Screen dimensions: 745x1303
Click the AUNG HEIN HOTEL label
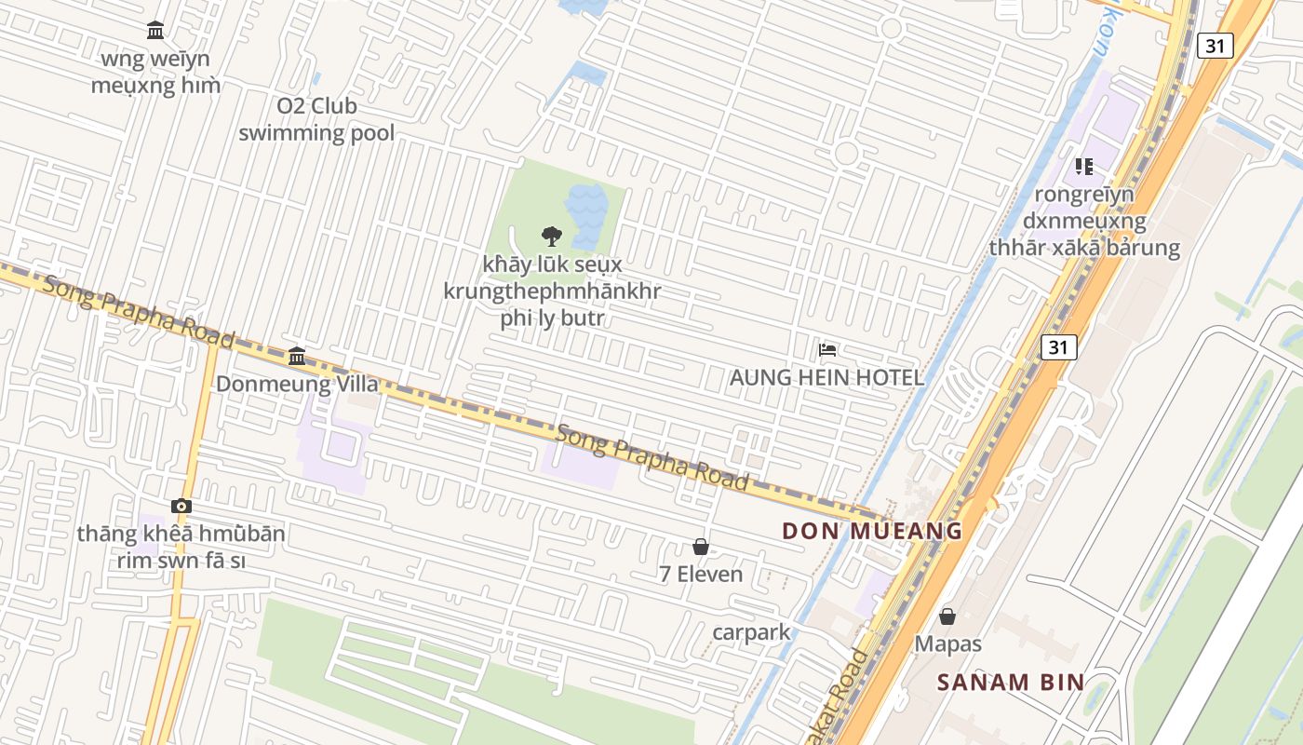click(x=826, y=377)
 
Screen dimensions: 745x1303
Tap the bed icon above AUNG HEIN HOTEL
click(x=827, y=350)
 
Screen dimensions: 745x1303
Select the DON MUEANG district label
click(x=872, y=532)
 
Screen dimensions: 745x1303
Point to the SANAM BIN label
click(x=1011, y=682)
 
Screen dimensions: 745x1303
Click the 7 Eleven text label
click(x=701, y=575)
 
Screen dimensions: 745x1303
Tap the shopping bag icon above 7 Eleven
click(x=701, y=547)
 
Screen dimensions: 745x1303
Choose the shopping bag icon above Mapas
click(x=947, y=616)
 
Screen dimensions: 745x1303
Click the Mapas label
click(x=947, y=643)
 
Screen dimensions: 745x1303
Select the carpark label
click(x=751, y=632)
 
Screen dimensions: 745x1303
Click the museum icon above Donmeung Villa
click(x=297, y=356)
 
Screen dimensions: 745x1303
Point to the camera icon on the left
click(x=181, y=507)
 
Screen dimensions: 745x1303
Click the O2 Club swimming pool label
click(x=316, y=119)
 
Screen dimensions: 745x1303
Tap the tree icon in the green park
click(x=551, y=236)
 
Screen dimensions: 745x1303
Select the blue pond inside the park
click(x=586, y=205)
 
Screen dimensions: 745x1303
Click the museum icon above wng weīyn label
click(x=155, y=31)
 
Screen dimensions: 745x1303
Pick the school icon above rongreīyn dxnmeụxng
click(x=1084, y=167)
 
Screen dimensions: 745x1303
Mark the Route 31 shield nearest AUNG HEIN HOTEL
click(x=1058, y=347)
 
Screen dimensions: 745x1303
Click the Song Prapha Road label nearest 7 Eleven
click(x=651, y=457)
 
